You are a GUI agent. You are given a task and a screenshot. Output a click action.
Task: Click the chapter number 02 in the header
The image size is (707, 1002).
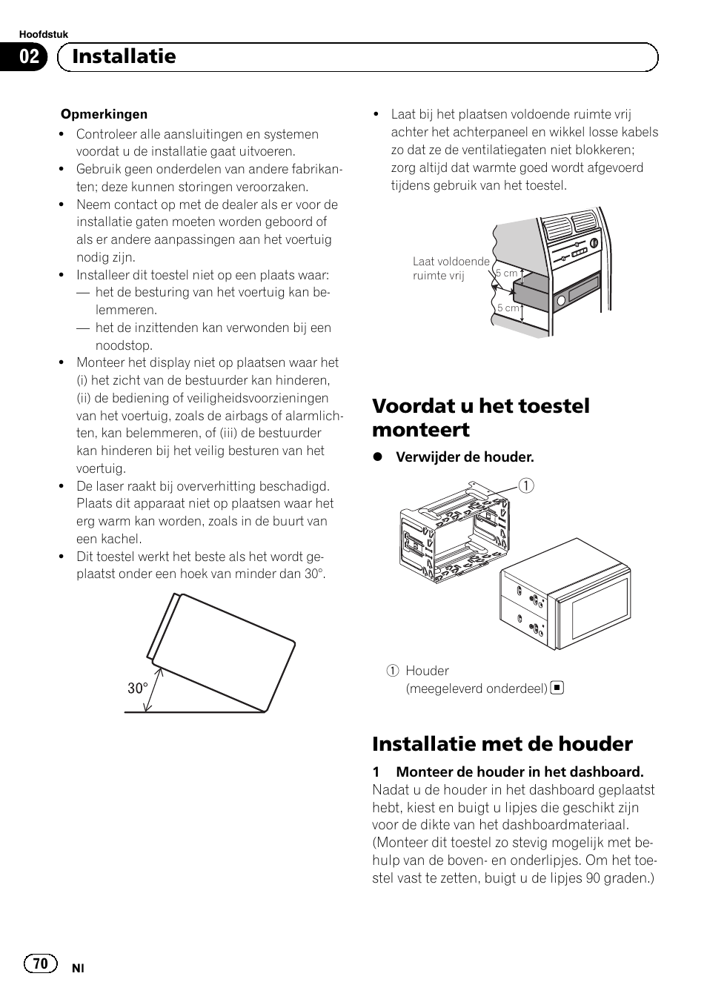29,57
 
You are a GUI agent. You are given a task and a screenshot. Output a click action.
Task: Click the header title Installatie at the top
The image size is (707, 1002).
124,56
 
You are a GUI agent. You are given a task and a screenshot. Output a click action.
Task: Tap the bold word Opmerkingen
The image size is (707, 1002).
104,114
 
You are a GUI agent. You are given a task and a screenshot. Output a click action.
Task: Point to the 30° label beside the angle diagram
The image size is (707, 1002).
137,689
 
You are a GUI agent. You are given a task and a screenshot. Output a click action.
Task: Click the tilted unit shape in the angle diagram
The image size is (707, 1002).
222,652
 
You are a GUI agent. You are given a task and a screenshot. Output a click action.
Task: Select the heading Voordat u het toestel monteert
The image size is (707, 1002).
480,417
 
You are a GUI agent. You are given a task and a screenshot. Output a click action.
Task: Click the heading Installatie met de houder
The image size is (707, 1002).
502,743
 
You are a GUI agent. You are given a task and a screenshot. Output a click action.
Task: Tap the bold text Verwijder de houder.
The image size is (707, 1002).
464,457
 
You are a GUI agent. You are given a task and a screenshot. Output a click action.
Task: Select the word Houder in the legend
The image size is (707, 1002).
427,671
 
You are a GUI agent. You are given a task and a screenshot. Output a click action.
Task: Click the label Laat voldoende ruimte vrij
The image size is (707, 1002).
451,268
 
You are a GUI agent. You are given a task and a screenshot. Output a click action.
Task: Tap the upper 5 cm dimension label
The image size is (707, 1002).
508,273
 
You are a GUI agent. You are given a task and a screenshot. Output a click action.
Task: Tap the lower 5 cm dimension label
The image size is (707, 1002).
508,308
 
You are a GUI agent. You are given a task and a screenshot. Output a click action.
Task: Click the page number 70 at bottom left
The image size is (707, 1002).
40,963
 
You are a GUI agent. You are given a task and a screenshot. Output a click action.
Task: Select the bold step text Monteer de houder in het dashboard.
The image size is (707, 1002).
519,772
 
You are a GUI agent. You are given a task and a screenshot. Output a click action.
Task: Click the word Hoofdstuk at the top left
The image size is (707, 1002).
43,34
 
